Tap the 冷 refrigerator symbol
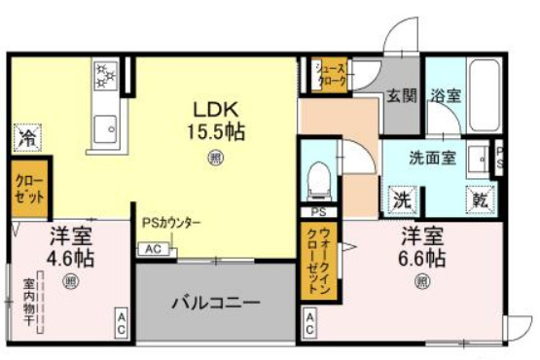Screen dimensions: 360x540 point(26,139)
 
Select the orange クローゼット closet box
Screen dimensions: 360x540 point(29,188)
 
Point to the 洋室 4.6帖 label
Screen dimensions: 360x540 point(70,248)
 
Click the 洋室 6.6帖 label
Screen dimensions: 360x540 point(421,247)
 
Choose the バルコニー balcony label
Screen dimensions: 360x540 point(215,303)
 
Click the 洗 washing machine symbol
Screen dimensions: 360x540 point(401,198)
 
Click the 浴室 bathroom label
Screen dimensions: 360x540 point(447,95)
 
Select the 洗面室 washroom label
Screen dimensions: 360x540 point(432,158)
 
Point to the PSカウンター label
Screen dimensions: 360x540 point(171,224)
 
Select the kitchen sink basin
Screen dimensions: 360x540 point(104,126)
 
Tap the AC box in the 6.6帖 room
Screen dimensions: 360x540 point(308,323)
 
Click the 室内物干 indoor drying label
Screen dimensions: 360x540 point(29,305)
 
